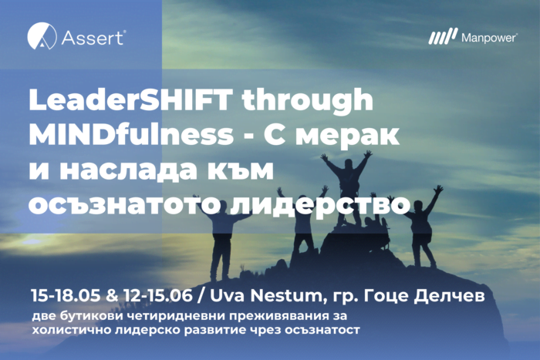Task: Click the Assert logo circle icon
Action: [42, 36]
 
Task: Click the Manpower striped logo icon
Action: [443, 37]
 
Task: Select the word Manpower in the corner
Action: [485, 37]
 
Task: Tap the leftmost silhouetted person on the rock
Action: [222, 231]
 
